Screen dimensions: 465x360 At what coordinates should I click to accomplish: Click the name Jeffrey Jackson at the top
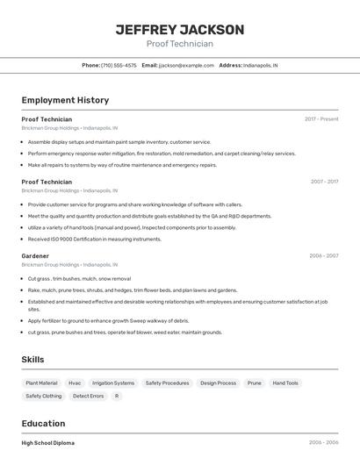pyautogui.click(x=180, y=29)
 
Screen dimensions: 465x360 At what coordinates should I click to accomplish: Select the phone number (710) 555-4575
pyautogui.click(x=119, y=65)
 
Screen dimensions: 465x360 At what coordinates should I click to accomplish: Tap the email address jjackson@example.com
pyautogui.click(x=186, y=65)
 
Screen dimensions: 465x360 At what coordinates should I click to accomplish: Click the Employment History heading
pyautogui.click(x=65, y=100)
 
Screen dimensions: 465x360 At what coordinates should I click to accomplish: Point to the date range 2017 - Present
pyautogui.click(x=321, y=118)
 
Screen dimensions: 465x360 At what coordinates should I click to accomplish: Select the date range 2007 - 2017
pyautogui.click(x=324, y=182)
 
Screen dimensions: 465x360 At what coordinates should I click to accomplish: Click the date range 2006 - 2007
pyautogui.click(x=323, y=256)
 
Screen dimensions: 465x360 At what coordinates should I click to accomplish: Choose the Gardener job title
pyautogui.click(x=35, y=256)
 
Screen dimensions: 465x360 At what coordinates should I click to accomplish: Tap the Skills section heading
pyautogui.click(x=32, y=359)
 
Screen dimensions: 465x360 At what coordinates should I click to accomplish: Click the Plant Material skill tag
pyautogui.click(x=41, y=383)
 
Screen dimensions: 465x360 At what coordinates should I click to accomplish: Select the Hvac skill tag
pyautogui.click(x=75, y=383)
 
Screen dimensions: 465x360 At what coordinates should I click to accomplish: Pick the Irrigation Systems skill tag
pyautogui.click(x=113, y=383)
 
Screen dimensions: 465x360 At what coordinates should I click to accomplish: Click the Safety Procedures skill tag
pyautogui.click(x=167, y=383)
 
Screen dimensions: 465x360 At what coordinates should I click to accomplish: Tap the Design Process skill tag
pyautogui.click(x=218, y=383)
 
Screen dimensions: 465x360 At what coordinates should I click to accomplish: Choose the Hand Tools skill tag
pyautogui.click(x=285, y=383)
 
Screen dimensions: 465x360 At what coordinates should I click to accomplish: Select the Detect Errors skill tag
pyautogui.click(x=88, y=396)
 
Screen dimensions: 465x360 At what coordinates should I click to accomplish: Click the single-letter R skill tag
pyautogui.click(x=117, y=396)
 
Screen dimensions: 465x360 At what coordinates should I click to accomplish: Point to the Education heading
pyautogui.click(x=43, y=423)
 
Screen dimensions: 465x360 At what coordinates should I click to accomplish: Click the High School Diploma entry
pyautogui.click(x=48, y=443)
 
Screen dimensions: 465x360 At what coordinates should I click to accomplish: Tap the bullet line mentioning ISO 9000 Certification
pyautogui.click(x=95, y=239)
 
